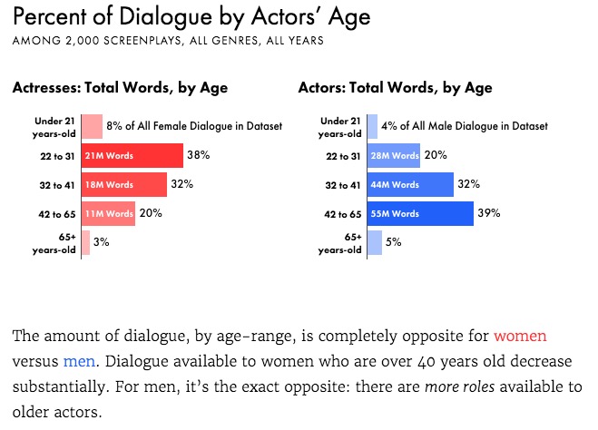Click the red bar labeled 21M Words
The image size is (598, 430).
[x=132, y=155]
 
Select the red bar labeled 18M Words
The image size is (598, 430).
[x=124, y=184]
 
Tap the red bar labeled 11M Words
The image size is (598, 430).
[x=108, y=213]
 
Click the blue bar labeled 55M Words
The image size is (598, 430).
[x=420, y=213]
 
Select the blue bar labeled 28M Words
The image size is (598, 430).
[x=394, y=155]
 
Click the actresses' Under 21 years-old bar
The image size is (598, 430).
[x=92, y=126]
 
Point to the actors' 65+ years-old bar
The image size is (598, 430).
[x=375, y=242]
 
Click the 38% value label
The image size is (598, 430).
[x=198, y=155]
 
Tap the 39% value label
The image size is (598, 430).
[x=489, y=213]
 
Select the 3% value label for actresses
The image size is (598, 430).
[x=101, y=242]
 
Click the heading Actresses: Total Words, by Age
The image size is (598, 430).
[x=120, y=88]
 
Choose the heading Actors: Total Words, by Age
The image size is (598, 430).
[x=395, y=88]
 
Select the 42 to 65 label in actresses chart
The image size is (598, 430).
[x=56, y=213]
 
